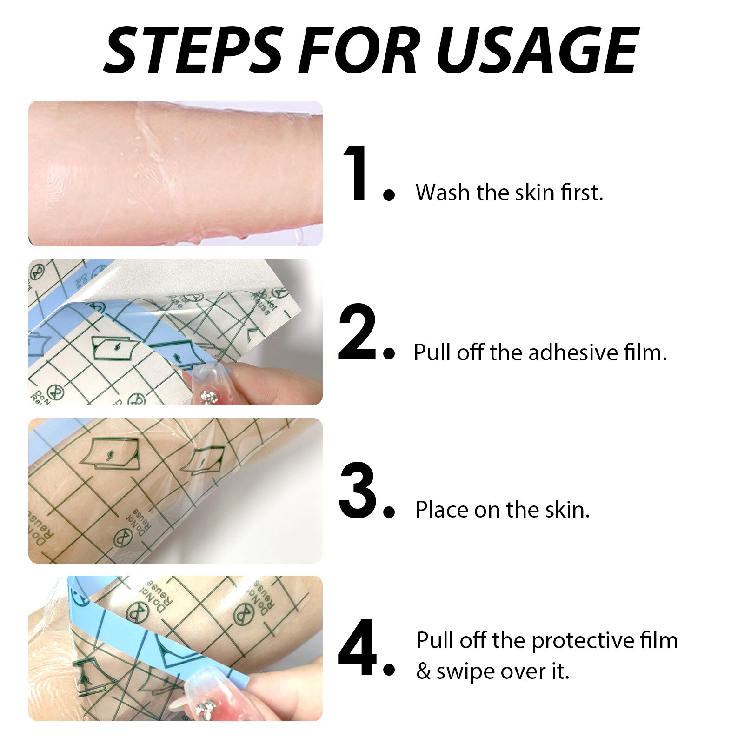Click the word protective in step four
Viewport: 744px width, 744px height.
583,641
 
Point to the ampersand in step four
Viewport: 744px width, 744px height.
423,671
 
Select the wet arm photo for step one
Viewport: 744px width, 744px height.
175,173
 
